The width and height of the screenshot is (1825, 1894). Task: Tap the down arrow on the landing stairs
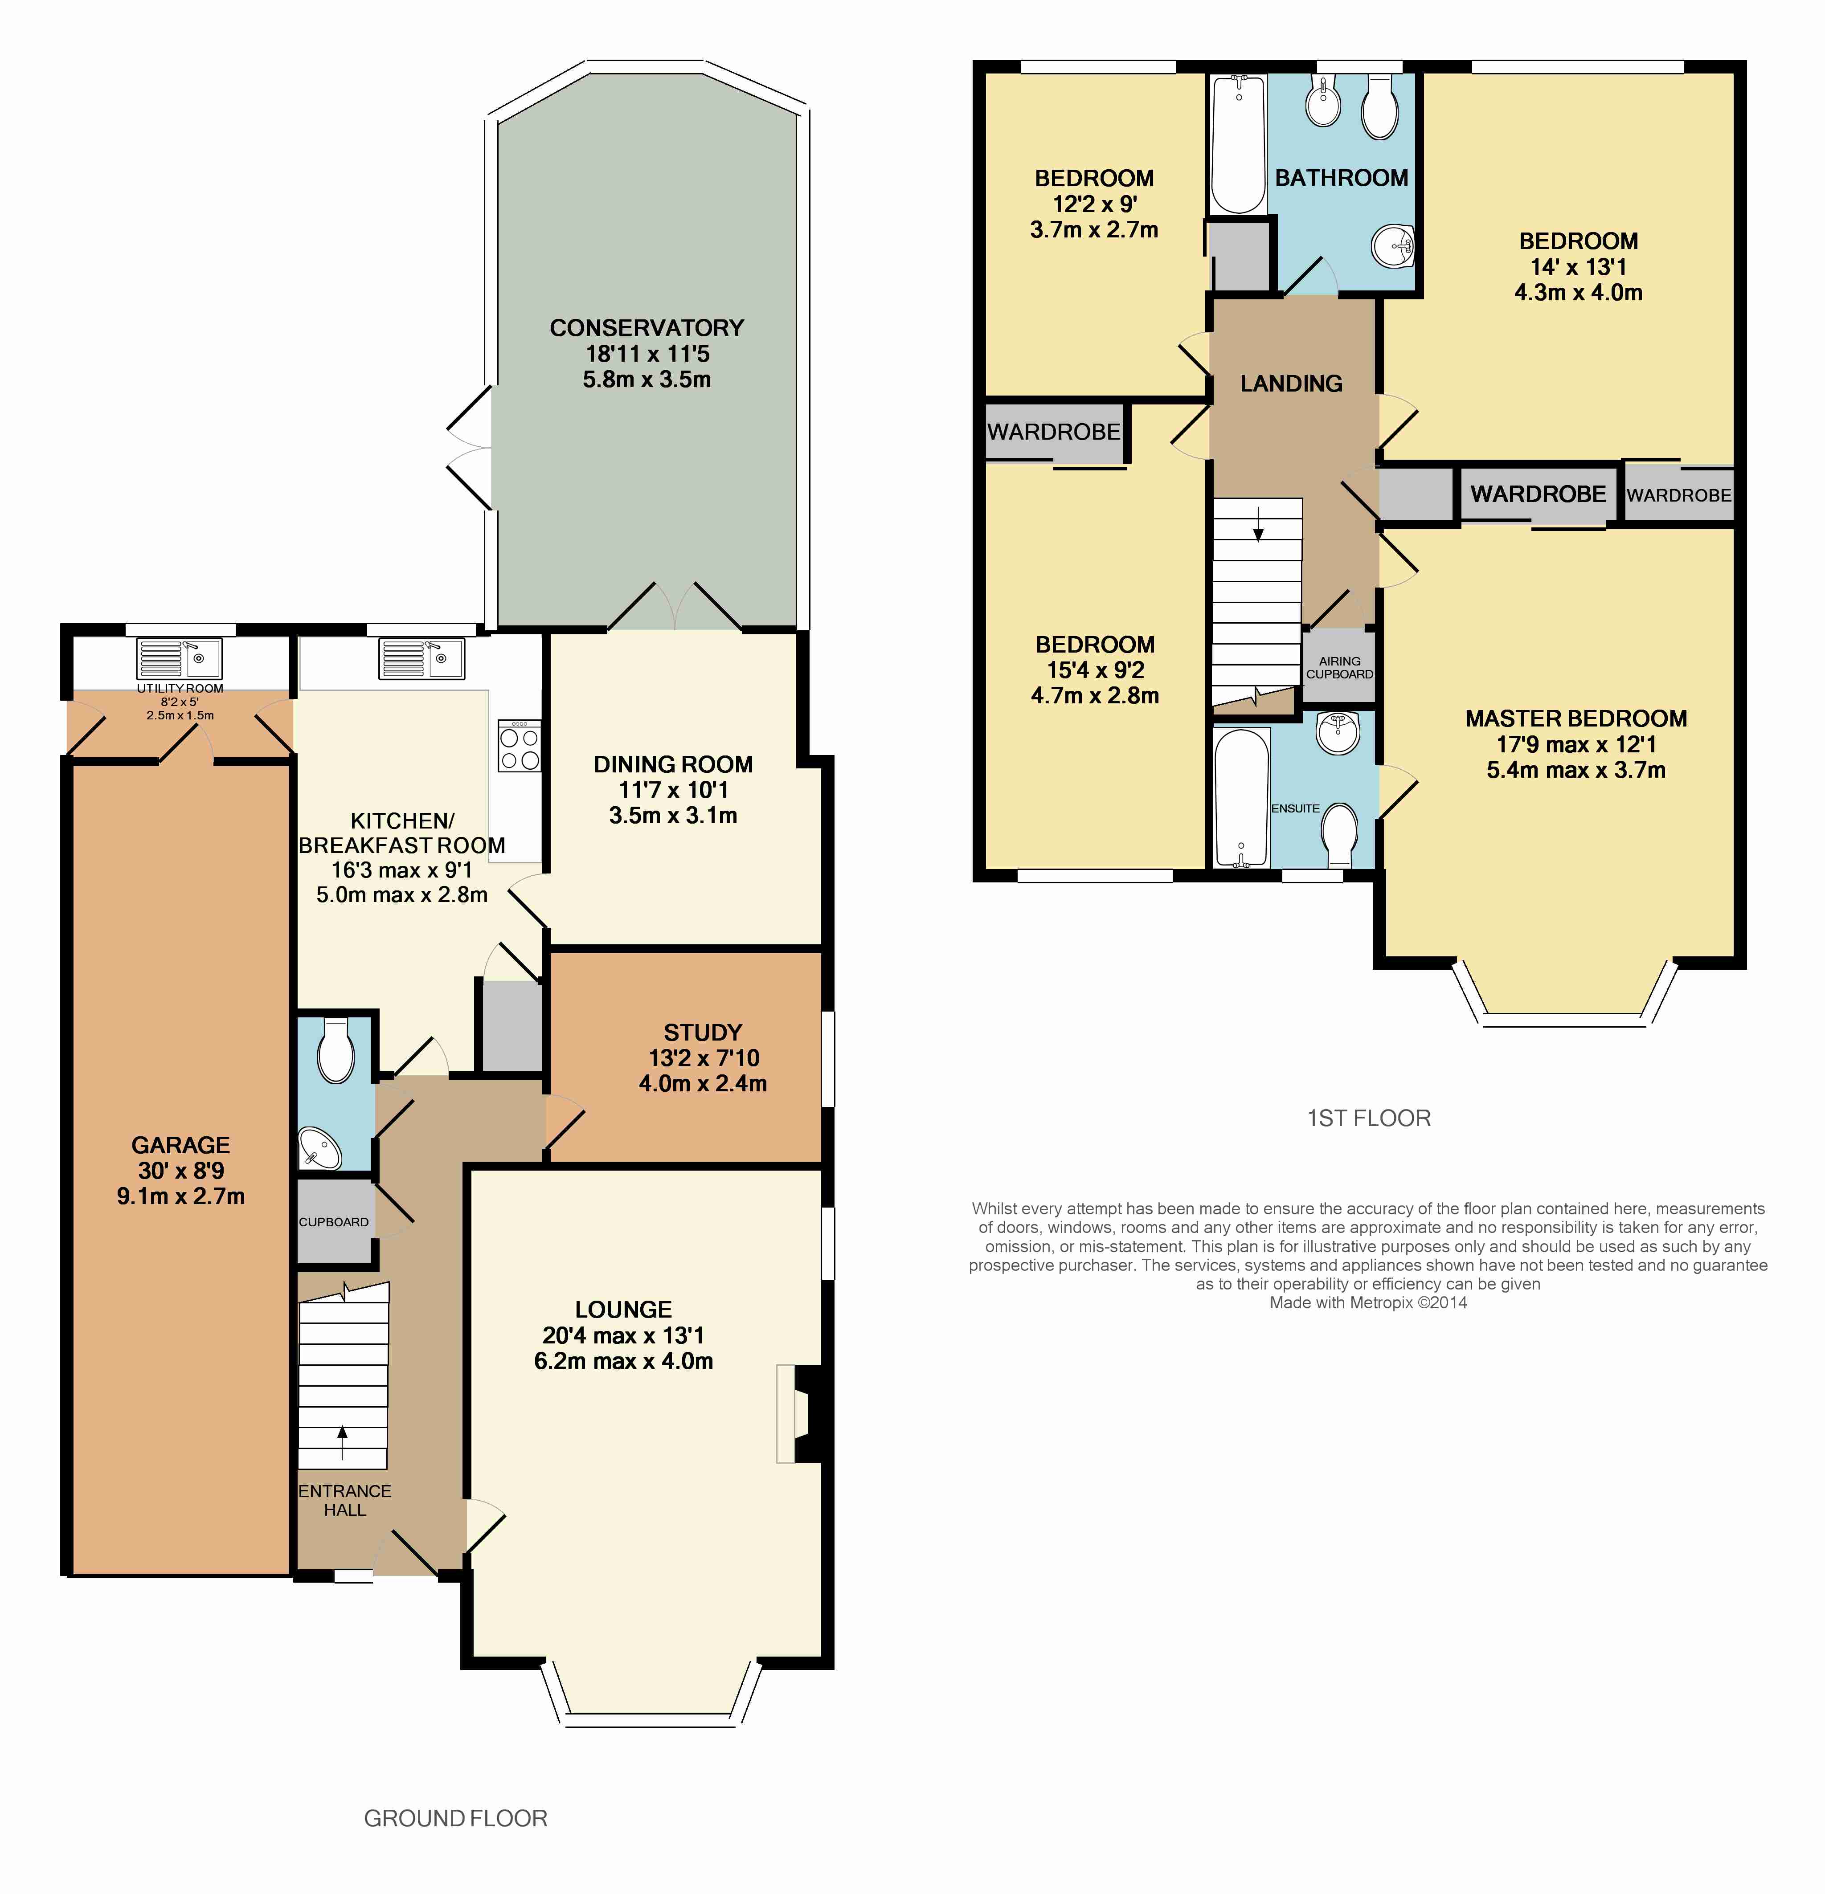[1258, 523]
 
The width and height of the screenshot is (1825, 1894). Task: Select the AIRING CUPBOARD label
[1340, 668]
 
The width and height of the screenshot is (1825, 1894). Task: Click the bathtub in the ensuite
[1241, 798]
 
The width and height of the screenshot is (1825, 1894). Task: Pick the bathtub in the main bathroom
[1238, 145]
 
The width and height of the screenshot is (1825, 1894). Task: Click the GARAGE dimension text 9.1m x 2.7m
[181, 1196]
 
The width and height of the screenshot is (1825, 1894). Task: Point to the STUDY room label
[703, 1032]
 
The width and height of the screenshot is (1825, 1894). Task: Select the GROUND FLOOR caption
[455, 1819]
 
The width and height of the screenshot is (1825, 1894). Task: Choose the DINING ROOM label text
[673, 764]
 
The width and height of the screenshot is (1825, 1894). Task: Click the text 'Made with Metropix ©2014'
[1368, 1302]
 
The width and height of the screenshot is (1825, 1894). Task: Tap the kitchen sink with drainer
[421, 658]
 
